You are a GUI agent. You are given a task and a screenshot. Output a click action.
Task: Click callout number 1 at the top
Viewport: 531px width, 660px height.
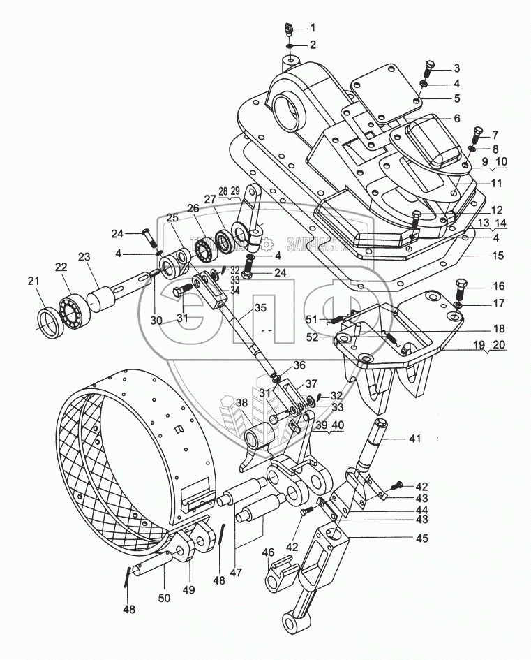[313, 28]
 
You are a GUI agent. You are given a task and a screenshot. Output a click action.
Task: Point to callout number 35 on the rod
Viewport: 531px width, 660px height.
[240, 307]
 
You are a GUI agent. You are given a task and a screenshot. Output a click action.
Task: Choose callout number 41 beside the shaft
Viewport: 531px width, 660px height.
[414, 439]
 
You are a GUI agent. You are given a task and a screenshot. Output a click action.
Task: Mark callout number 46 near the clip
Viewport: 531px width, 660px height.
[268, 552]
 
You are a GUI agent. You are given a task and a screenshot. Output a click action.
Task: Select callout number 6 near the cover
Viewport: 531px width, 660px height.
[456, 118]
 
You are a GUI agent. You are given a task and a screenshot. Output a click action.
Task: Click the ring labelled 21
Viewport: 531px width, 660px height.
[52, 323]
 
